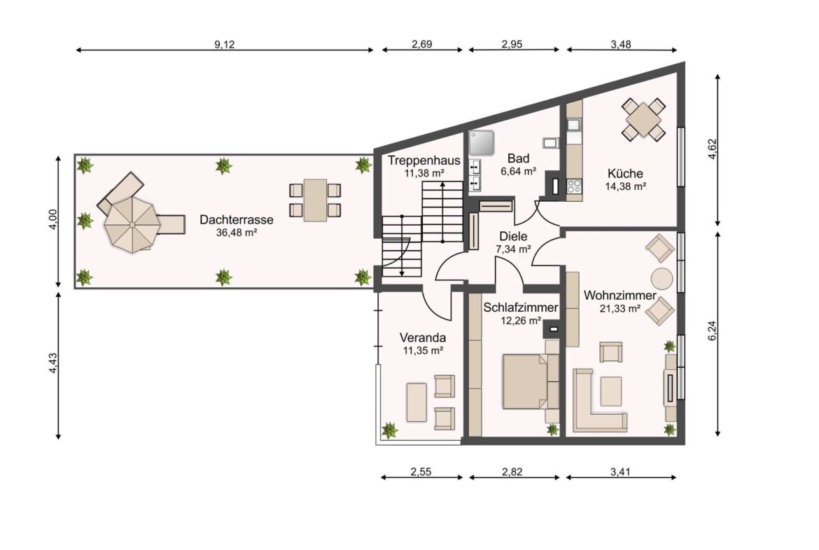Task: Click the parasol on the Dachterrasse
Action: pos(132,225)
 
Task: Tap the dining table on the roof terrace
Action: pos(315,200)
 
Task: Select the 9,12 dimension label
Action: pos(225,44)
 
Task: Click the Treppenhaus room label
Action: pos(423,160)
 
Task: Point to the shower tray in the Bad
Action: pos(481,143)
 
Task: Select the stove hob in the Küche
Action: pos(574,186)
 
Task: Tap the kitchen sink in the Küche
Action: pos(574,125)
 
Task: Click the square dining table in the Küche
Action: pos(643,119)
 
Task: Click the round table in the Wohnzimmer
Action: pos(661,279)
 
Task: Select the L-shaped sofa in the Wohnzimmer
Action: pos(598,401)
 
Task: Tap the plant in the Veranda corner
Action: pos(389,431)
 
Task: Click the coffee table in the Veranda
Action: pos(416,402)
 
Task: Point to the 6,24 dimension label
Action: pos(713,331)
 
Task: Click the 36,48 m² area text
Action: pos(236,233)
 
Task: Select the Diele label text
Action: pos(513,236)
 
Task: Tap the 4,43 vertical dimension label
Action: pos(52,364)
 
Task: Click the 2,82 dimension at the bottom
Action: pos(512,472)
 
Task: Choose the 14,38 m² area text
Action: pos(625,186)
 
